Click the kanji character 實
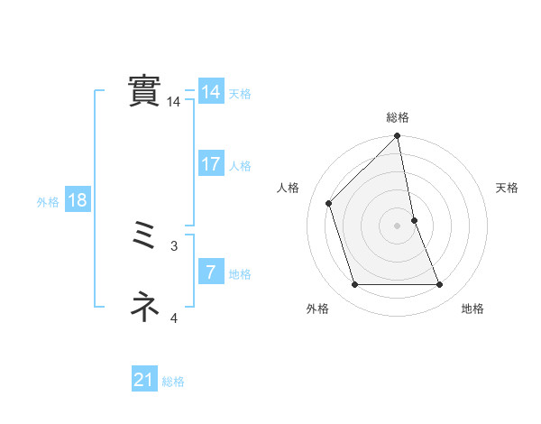[144, 90]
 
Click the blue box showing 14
[210, 93]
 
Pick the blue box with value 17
[210, 164]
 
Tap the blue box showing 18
[77, 200]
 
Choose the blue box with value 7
[210, 272]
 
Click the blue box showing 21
[143, 381]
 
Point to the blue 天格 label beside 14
[240, 94]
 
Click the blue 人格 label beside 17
[240, 166]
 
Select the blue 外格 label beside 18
[48, 202]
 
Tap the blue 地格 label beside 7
[240, 274]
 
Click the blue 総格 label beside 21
[173, 382]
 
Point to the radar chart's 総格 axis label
[397, 117]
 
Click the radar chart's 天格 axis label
[507, 188]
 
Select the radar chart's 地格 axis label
[472, 309]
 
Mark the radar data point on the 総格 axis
[397, 137]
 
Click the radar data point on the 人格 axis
[329, 203]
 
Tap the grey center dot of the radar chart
[397, 225]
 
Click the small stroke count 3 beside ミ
[174, 245]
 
